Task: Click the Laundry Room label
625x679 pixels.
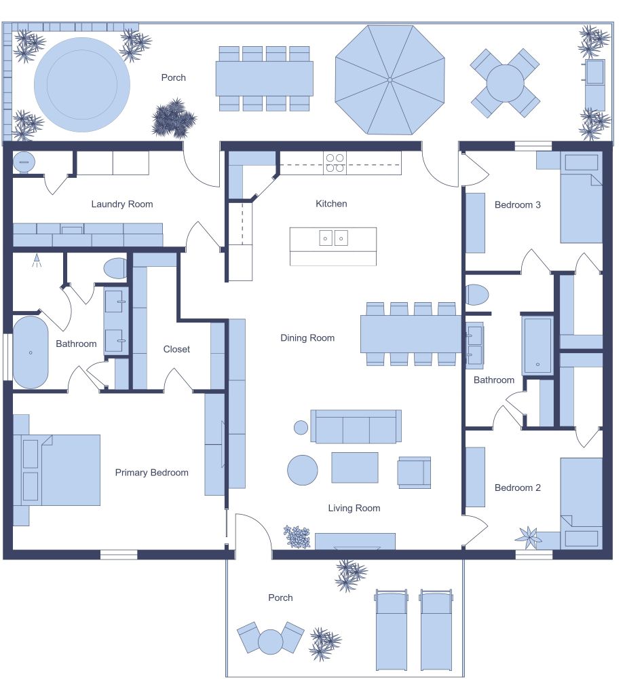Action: coord(122,204)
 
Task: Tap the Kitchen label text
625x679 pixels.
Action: coord(331,204)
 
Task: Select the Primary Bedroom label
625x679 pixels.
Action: coord(151,473)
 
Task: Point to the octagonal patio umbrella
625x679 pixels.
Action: coord(390,80)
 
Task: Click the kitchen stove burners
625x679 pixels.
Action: coord(335,163)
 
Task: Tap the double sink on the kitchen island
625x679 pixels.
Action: coord(333,238)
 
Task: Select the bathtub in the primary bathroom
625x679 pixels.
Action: coord(31,352)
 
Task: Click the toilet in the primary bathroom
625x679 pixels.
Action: coord(115,268)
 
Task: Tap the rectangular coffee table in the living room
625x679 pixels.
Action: coord(354,468)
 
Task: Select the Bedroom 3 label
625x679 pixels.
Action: coord(517,204)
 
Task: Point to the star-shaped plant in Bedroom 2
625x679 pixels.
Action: coord(529,537)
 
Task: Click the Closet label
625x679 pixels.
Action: coord(176,349)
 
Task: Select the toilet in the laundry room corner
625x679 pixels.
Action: coord(24,162)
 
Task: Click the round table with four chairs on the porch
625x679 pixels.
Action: coord(506,83)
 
